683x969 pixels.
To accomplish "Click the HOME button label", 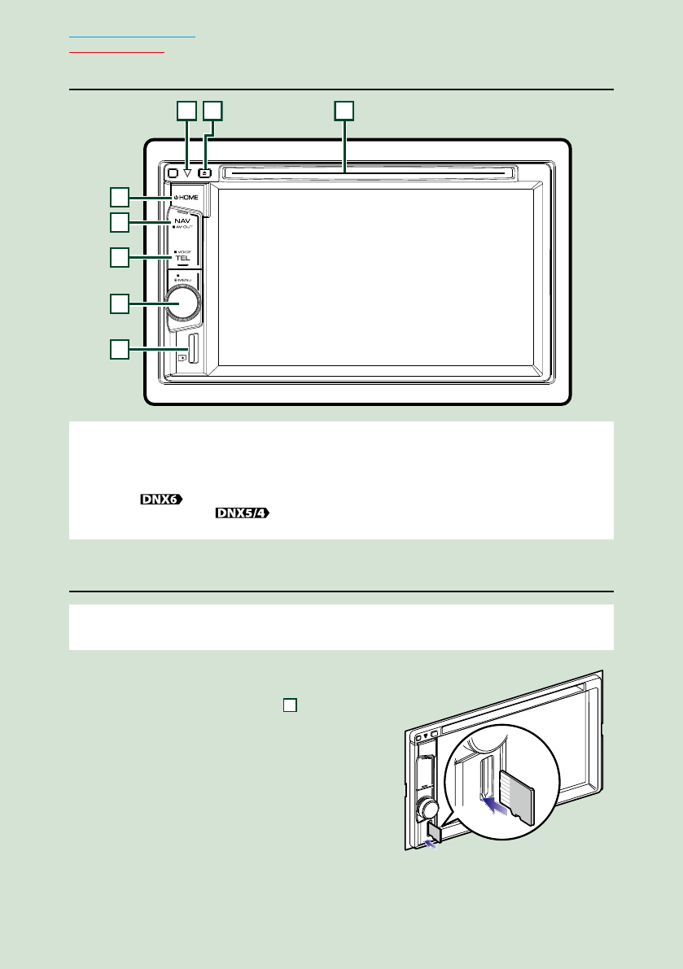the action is [184, 197].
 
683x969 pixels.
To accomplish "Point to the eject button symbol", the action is [206, 172].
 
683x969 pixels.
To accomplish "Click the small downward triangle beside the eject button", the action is [187, 173].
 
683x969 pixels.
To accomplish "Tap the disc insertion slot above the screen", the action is [367, 172].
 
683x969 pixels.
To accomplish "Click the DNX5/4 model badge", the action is [243, 513].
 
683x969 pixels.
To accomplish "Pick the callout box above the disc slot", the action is [345, 109].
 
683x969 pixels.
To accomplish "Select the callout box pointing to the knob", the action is [120, 303].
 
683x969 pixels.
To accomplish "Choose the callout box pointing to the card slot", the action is [120, 350].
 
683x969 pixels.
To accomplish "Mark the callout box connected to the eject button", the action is [212, 109].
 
